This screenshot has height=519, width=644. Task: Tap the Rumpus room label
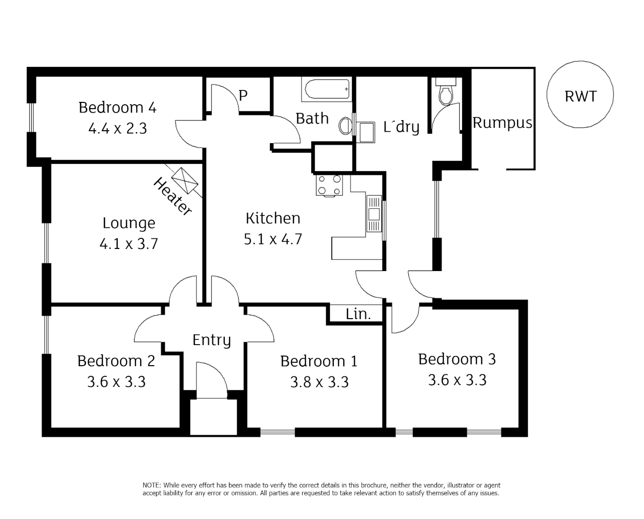tap(502, 123)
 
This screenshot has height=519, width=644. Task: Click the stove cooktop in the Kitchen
tap(329, 185)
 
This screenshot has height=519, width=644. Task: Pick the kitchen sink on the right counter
tap(374, 214)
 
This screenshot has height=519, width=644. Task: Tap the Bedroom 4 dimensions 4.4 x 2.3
tap(117, 128)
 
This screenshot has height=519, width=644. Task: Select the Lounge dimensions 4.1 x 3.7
tap(128, 244)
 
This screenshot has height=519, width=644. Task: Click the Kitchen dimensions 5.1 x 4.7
tap(273, 239)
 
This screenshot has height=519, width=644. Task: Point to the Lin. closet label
tap(358, 314)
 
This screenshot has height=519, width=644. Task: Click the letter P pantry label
tap(243, 96)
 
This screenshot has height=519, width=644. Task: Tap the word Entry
tap(211, 340)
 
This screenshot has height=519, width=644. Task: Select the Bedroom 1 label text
tap(319, 361)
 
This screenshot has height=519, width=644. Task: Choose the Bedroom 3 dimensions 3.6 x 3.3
tap(457, 380)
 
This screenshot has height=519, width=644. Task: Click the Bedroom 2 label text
tap(116, 361)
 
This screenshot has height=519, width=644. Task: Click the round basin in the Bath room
tap(345, 126)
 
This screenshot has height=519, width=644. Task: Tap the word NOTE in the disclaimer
tap(152, 485)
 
